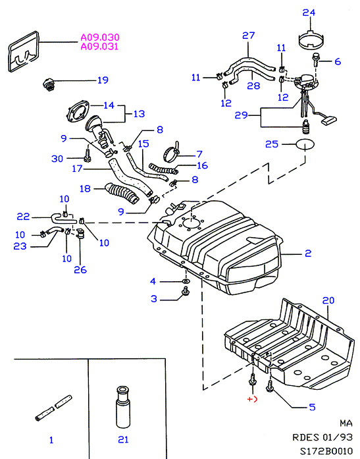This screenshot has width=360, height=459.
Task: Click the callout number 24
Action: pos(309,13)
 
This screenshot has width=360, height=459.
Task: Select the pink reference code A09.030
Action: pos(100,37)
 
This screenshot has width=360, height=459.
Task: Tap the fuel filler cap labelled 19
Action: pos(48,84)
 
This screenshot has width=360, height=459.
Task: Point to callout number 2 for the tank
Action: pos(308,254)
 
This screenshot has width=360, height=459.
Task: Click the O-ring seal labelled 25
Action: pos(305,144)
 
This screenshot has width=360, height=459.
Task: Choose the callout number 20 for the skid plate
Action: pos(328,300)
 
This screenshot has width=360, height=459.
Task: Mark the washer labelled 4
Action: pos(186,281)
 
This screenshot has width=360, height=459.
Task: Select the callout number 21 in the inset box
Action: pos(123,439)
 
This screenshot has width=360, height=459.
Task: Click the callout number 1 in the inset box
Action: pos(51,440)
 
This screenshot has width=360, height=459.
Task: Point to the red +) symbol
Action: pos(252,399)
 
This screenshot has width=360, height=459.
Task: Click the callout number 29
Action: pos(242,115)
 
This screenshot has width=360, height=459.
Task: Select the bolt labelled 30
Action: pos(87,155)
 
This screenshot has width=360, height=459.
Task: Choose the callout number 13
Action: pos(139,113)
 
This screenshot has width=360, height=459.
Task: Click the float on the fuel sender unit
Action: pos(329,120)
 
